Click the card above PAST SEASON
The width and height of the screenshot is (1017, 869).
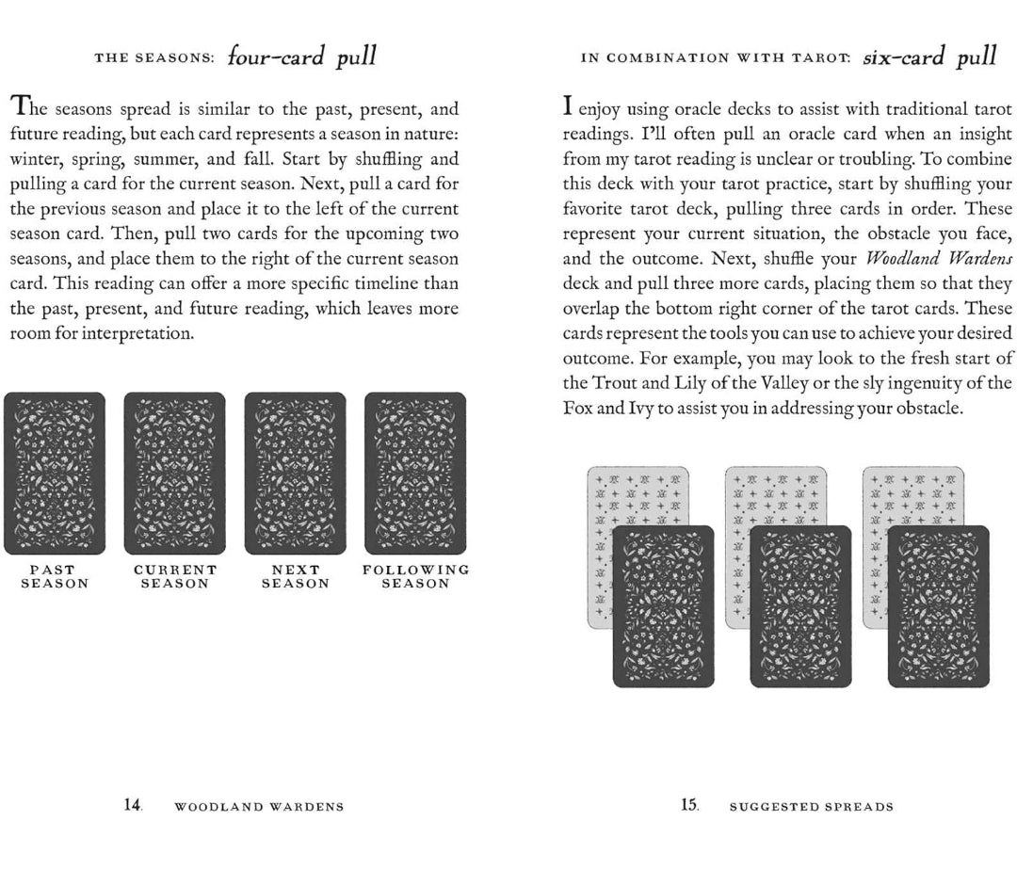point(55,474)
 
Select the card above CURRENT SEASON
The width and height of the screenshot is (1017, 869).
point(175,474)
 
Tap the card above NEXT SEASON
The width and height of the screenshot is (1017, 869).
point(296,474)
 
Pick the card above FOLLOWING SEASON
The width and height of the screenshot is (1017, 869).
point(415,474)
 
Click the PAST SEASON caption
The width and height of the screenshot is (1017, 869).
point(55,576)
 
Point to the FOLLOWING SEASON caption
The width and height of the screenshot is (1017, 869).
point(415,576)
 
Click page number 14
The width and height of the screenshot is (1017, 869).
point(133,805)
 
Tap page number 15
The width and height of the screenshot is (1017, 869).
point(690,805)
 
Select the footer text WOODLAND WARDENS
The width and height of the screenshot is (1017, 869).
point(259,807)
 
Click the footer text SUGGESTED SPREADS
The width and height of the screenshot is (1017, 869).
point(812,807)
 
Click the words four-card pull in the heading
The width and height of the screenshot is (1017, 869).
point(301,56)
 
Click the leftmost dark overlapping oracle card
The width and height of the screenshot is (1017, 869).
point(663,607)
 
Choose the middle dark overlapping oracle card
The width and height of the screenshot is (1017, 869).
point(800,607)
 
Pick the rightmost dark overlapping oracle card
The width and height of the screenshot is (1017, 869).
point(938,607)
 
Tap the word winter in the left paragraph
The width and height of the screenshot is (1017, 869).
point(34,159)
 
